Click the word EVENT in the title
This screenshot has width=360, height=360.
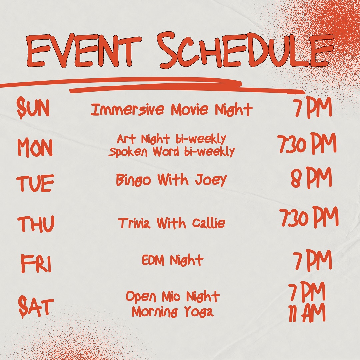[x=83, y=51]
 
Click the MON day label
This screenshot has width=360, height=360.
[x=35, y=147]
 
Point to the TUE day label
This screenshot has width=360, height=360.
[x=35, y=183]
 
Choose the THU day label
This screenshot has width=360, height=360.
[x=36, y=223]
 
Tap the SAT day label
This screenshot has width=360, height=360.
[x=36, y=307]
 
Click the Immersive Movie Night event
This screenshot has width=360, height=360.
[x=172, y=110]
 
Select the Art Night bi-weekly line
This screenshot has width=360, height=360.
[x=172, y=139]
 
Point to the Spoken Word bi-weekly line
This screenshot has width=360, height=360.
[x=172, y=152]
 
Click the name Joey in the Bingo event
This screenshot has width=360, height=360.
[x=211, y=180]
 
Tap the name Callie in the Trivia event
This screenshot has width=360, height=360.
[x=209, y=223]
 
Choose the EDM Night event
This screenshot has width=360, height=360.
[x=173, y=260]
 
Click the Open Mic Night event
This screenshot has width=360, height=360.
[x=173, y=296]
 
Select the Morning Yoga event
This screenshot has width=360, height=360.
[x=173, y=312]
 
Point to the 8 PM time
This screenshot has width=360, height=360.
[x=311, y=178]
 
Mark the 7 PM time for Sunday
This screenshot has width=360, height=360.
[x=313, y=107]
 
